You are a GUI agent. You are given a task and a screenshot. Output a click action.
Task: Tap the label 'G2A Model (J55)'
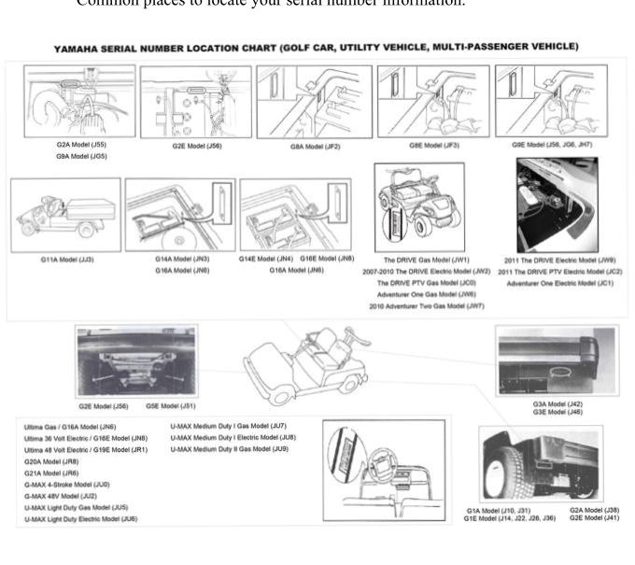pos(80,146)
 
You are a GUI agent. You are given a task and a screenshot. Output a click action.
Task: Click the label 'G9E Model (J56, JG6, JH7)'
pos(551,146)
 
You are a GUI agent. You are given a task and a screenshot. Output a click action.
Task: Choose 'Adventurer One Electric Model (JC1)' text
pos(558,282)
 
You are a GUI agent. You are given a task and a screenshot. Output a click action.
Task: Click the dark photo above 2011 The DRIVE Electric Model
pos(557,205)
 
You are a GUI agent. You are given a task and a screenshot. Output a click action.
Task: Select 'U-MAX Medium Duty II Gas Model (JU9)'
pos(229,449)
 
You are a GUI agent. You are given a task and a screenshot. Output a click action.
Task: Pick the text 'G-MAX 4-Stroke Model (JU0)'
pos(66,484)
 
